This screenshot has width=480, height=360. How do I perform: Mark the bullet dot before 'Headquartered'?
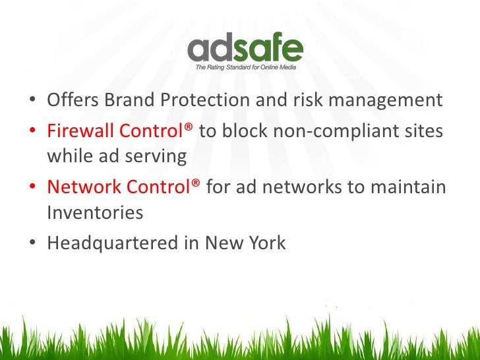click(32, 244)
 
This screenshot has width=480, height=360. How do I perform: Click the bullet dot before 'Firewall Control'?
click(32, 131)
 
